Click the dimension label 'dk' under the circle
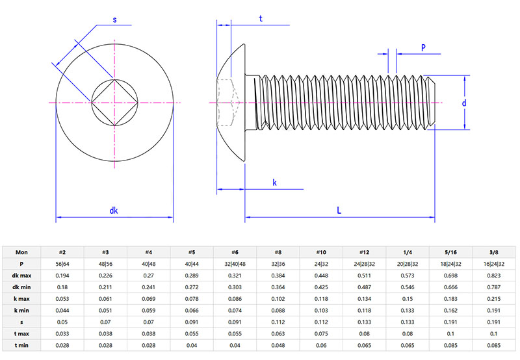pos(114,211)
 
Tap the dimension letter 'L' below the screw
pos(339,211)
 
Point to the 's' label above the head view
pos(114,19)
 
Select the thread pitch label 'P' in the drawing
pos(423,47)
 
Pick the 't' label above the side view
pos(261,19)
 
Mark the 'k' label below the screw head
pos(274,183)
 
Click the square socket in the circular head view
pos(115,103)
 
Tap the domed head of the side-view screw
pos(231,103)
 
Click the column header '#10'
pos(321,252)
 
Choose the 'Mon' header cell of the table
pos(21,252)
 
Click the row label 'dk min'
pos(21,287)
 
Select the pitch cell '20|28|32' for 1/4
pos(408,264)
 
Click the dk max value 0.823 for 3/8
pos(493,276)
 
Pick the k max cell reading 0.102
pos(278,299)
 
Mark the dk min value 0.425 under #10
pos(321,287)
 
